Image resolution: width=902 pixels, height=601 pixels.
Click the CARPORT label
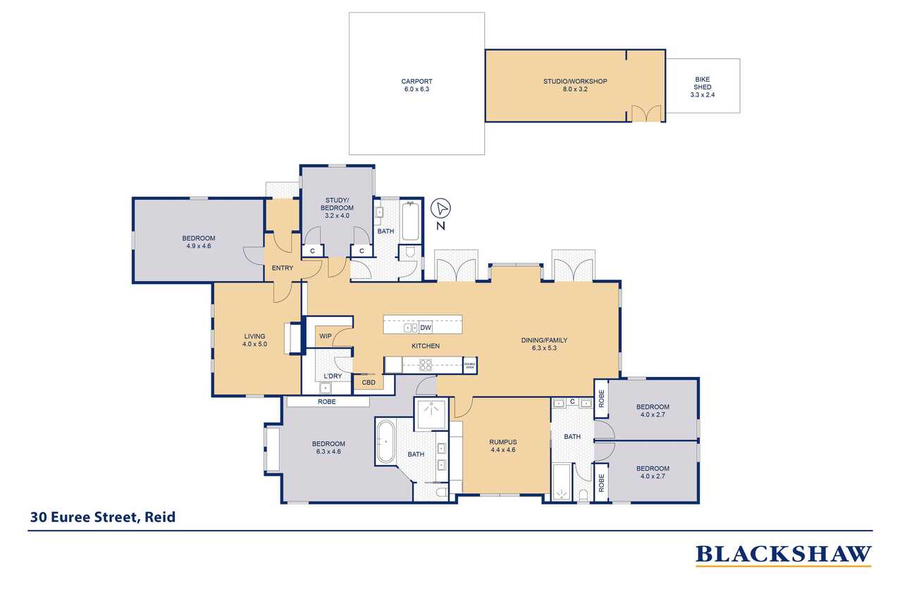coord(416,81)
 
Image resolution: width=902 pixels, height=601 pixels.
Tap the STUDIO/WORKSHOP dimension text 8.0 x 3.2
coord(575,89)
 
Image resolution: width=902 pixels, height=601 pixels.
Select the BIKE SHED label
coord(703,83)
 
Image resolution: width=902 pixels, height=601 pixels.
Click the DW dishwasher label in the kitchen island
coord(425,328)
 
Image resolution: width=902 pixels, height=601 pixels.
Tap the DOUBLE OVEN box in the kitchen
coord(469,366)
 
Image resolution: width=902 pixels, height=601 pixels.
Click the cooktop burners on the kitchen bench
coord(425,365)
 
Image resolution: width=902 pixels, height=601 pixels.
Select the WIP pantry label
coord(326,336)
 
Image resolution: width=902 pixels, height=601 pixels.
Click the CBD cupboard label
coord(369,383)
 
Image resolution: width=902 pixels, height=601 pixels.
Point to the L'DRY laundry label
coord(333,376)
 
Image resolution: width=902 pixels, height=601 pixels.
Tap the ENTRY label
coord(283,268)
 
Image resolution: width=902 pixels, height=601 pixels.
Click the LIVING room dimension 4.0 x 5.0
coord(254,344)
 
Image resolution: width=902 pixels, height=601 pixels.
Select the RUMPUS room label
coord(503,442)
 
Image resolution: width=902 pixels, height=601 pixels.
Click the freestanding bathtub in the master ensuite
coord(385,442)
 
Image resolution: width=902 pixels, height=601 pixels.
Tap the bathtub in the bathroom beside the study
coord(410,221)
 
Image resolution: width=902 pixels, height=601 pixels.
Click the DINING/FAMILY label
coord(544,340)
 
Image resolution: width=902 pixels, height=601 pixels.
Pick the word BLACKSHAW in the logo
coord(783,554)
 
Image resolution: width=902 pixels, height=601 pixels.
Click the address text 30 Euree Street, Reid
coord(103,517)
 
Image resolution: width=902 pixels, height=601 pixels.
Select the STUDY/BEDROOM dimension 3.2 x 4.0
coord(337,216)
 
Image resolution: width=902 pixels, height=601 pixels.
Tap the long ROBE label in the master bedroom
coord(326,402)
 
